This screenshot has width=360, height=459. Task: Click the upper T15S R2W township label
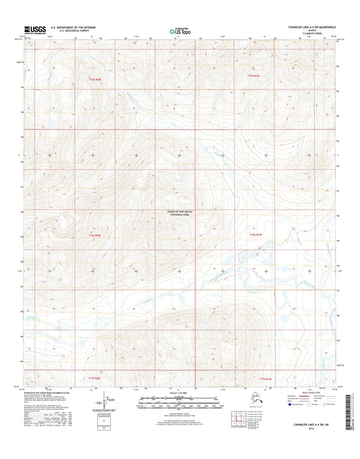(96, 79)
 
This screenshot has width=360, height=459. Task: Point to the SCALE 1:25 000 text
(180, 393)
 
